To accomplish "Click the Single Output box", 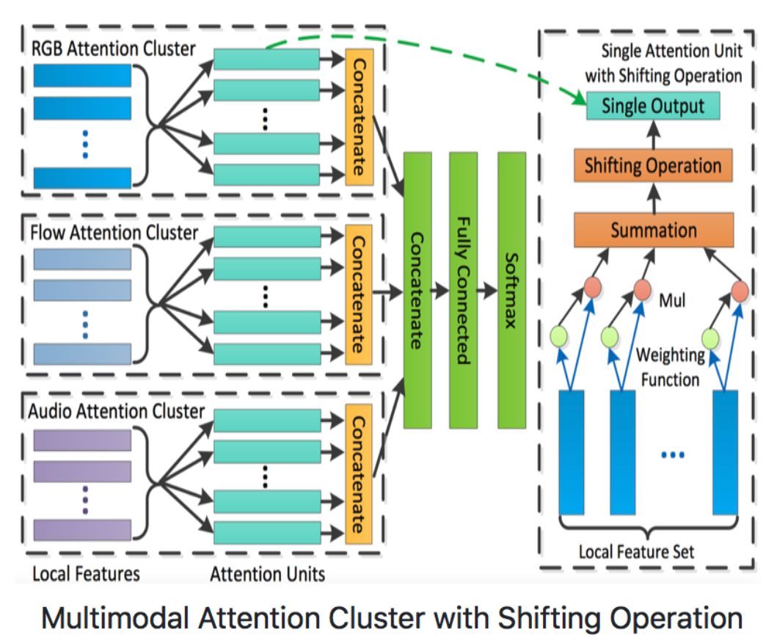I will click(x=652, y=105).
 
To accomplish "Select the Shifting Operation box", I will click(x=652, y=165).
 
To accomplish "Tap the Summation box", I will click(x=652, y=230).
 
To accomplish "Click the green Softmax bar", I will click(x=511, y=290).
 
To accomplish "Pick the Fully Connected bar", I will click(x=463, y=290).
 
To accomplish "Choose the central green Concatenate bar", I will click(x=416, y=290).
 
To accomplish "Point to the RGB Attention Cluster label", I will click(x=114, y=49).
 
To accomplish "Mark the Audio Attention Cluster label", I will click(x=117, y=411).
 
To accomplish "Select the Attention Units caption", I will click(x=267, y=574).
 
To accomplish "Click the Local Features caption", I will click(x=86, y=573).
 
